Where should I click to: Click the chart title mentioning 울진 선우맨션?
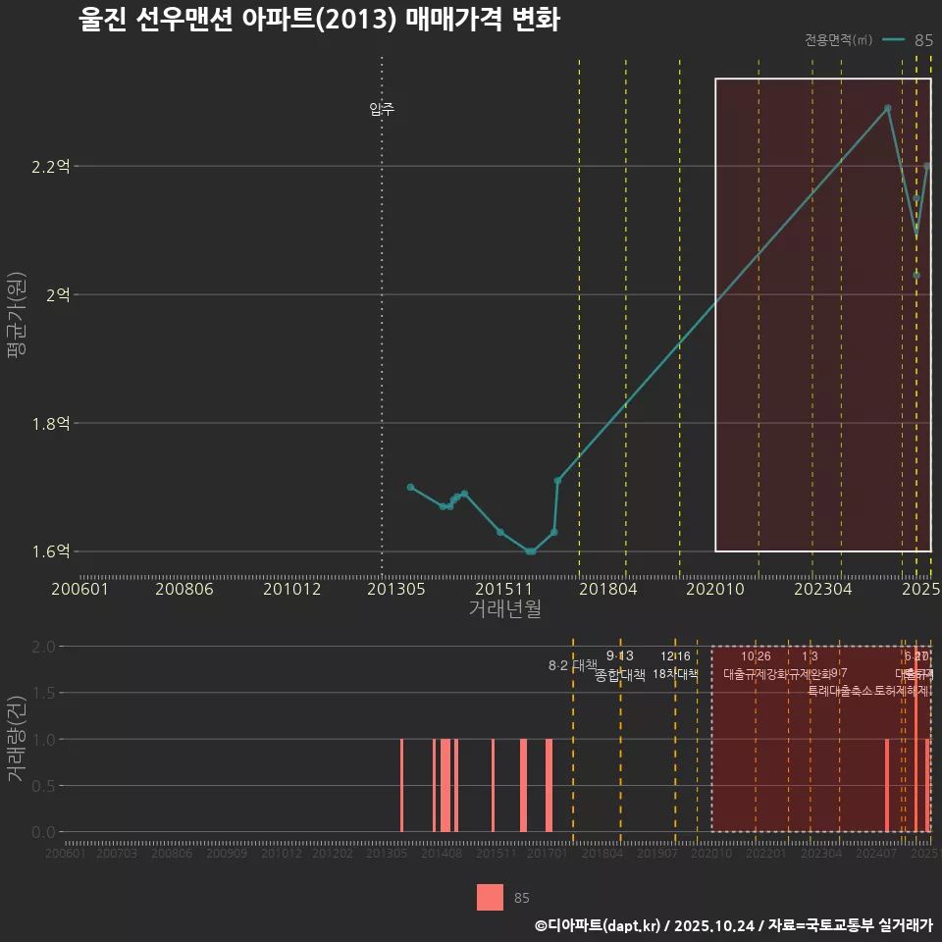[x=319, y=21]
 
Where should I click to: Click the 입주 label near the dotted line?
[x=382, y=109]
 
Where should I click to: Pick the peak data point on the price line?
[x=887, y=108]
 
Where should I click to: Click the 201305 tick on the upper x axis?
[x=395, y=590]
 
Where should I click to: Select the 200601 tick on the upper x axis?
[x=79, y=590]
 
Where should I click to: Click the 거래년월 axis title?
[x=504, y=608]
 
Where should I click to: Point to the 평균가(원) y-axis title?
[x=17, y=319]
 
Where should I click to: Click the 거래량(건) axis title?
[x=17, y=738]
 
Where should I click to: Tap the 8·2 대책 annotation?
[x=572, y=665]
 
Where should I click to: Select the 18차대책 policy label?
[x=675, y=674]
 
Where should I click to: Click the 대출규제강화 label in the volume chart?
[x=756, y=674]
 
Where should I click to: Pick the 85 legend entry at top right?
[x=923, y=40]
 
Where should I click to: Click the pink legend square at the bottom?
[x=490, y=897]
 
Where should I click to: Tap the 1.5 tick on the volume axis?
[x=43, y=693]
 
